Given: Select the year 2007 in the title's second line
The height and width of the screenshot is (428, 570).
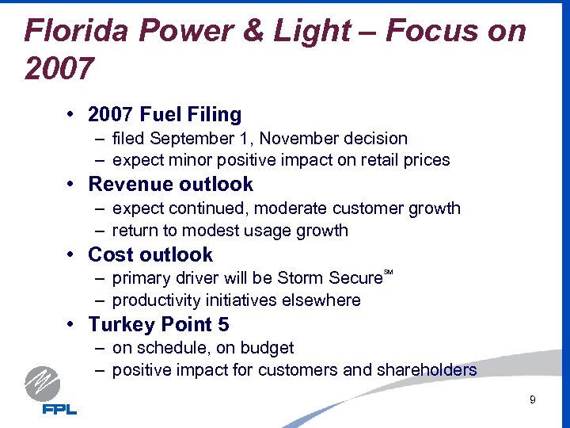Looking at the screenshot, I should coord(60,69).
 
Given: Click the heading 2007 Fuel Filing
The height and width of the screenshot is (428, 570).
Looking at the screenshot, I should coord(165,115).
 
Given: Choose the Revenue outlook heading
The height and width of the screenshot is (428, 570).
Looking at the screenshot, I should coord(170,185).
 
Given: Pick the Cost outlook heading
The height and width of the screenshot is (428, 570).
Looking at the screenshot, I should coord(150,254).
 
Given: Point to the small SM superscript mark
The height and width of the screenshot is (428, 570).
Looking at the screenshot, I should coord(388,273).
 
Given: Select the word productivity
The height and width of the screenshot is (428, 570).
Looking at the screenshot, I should coord(153,300).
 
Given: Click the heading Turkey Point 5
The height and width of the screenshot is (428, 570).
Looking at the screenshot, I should coord(159,324).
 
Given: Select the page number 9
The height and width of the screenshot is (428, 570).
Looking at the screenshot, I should coord(533,400).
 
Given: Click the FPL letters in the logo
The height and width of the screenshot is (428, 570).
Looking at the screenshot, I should coord(59,409).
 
